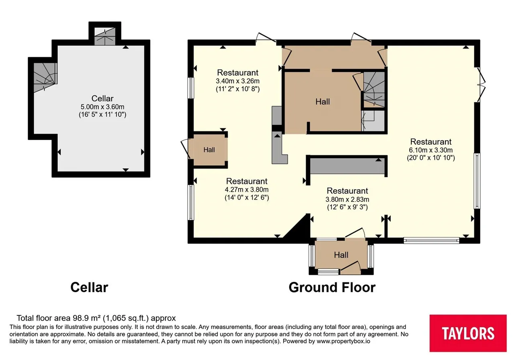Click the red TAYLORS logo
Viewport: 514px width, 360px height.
(x=468, y=333)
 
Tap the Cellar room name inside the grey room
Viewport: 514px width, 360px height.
(x=102, y=98)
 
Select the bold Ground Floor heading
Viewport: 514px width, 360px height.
(x=332, y=287)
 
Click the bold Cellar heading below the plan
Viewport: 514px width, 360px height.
(x=89, y=287)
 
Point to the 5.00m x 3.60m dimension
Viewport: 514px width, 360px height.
(x=102, y=107)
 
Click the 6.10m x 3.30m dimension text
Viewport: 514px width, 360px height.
(x=431, y=150)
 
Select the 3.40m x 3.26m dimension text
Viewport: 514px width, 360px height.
(x=237, y=81)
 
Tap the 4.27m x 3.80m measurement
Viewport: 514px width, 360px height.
(x=247, y=190)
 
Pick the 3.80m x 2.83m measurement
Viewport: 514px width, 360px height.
(x=347, y=199)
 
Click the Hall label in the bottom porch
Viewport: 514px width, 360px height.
(x=341, y=255)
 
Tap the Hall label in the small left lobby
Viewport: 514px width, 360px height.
(x=209, y=150)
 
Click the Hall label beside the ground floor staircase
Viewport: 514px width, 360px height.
(x=322, y=102)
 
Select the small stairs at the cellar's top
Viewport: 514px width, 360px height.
(x=105, y=37)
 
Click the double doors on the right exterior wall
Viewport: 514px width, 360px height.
(x=481, y=84)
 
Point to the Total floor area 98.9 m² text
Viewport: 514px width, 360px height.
(x=96, y=318)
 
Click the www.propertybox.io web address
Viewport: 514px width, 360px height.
(x=343, y=342)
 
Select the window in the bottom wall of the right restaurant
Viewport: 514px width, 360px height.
(x=431, y=240)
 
